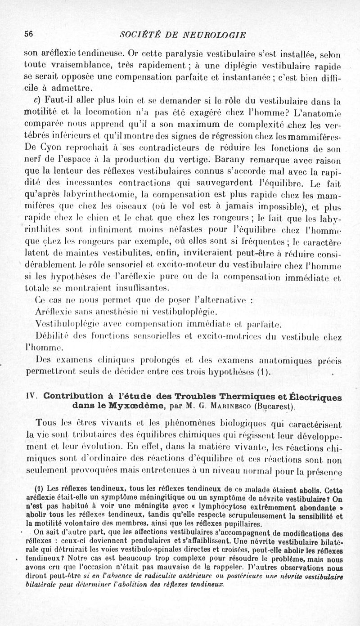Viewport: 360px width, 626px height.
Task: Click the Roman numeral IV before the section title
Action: point(31,397)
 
